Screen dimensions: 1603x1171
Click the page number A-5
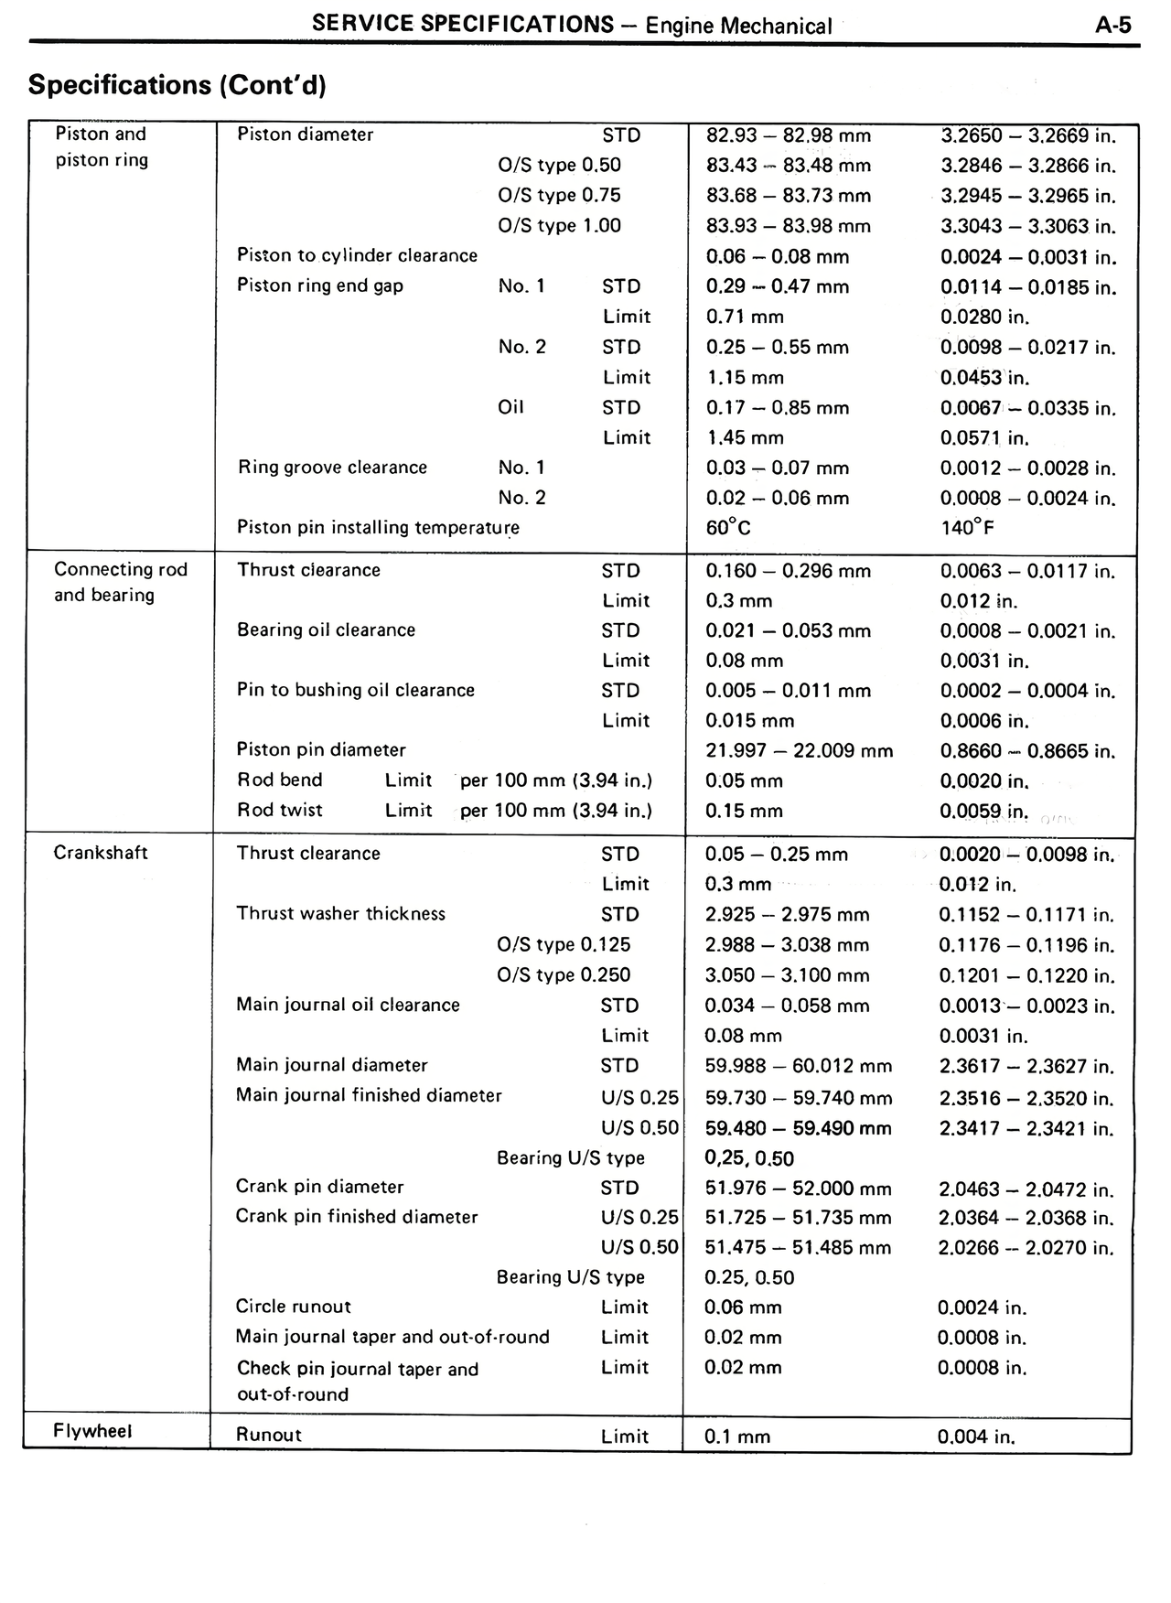pyautogui.click(x=1112, y=25)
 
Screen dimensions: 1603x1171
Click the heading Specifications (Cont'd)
pyautogui.click(x=177, y=85)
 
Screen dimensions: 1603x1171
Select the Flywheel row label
pyautogui.click(x=92, y=1431)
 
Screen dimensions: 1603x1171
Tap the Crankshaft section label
pyautogui.click(x=101, y=853)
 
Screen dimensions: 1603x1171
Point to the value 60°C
pyautogui.click(x=728, y=529)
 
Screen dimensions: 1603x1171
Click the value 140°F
pyautogui.click(x=967, y=528)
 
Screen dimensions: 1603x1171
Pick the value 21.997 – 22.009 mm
pyautogui.click(x=799, y=751)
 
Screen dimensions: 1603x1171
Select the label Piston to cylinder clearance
pyautogui.click(x=357, y=256)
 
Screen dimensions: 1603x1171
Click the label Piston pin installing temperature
pyautogui.click(x=378, y=528)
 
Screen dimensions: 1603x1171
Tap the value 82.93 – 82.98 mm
pyautogui.click(x=789, y=135)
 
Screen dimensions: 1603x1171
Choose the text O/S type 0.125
pyautogui.click(x=564, y=944)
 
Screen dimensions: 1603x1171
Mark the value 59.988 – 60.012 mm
pyautogui.click(x=798, y=1066)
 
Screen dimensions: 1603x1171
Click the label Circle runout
pyautogui.click(x=293, y=1307)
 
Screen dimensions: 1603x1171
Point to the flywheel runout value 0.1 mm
pyautogui.click(x=737, y=1436)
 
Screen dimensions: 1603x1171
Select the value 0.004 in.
pyautogui.click(x=976, y=1436)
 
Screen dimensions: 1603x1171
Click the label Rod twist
pyautogui.click(x=280, y=810)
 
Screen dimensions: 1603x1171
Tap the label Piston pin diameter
pyautogui.click(x=321, y=750)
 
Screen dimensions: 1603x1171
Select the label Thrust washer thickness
pyautogui.click(x=340, y=914)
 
